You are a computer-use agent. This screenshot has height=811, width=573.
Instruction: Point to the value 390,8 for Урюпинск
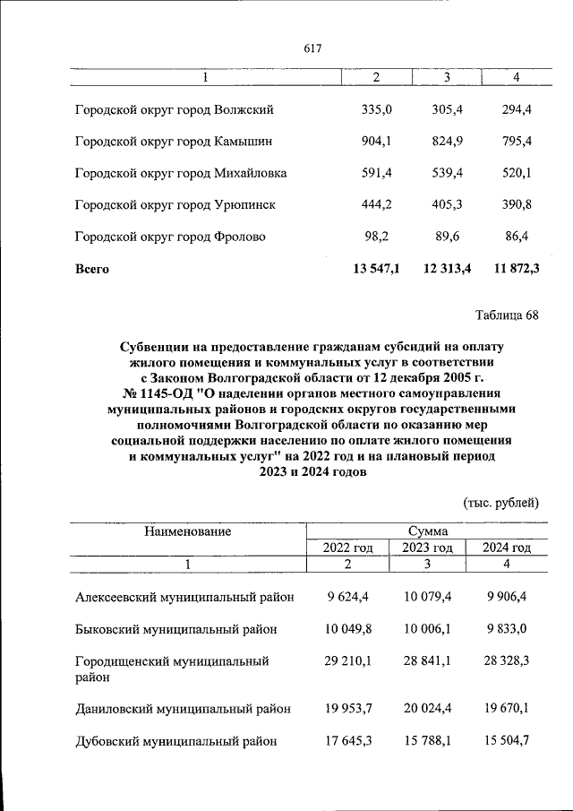click(517, 204)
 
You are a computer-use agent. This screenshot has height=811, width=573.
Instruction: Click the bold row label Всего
click(92, 269)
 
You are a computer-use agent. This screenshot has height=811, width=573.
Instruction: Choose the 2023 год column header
click(427, 548)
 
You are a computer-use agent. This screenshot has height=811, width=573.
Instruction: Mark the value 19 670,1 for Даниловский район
click(507, 709)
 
